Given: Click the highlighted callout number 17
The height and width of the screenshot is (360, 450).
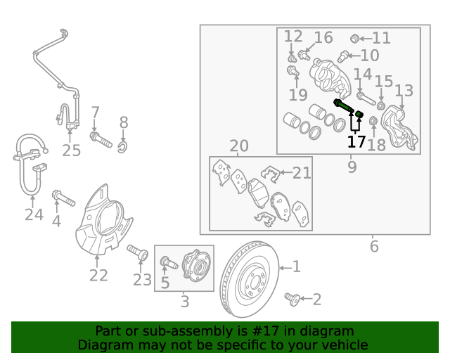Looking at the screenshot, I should (x=356, y=142).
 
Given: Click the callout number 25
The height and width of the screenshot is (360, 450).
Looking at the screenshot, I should (x=72, y=150).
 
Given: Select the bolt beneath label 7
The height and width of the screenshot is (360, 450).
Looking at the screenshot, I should (x=101, y=139).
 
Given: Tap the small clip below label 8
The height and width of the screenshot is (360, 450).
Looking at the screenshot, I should (x=122, y=146).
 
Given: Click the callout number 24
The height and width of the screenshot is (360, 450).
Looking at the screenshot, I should (x=34, y=214).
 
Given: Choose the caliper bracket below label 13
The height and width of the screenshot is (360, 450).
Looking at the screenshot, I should (x=398, y=127).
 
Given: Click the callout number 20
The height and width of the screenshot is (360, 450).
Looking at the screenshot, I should (x=239, y=146).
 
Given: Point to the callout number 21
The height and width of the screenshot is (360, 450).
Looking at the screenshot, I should (x=302, y=172).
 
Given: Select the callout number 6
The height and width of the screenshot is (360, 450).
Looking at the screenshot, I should (x=374, y=246).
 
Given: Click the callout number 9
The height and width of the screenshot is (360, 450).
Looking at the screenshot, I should (x=352, y=167).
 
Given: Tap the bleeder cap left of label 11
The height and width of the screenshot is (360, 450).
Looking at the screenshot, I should (x=355, y=38).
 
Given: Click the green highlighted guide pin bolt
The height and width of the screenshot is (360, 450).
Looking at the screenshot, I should (x=343, y=106).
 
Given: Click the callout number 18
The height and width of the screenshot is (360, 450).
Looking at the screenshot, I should (x=377, y=145).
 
